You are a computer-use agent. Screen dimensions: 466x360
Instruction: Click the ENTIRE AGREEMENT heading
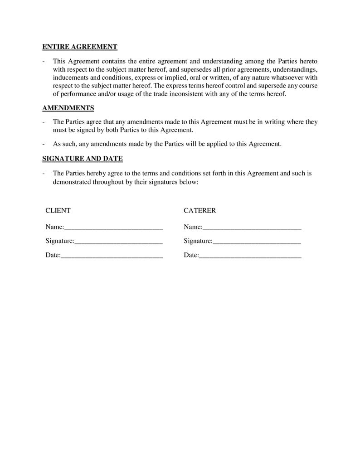(x=80, y=47)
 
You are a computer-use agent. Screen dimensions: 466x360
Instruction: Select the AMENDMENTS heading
(x=68, y=108)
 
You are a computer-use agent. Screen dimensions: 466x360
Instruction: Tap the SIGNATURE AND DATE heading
(x=82, y=159)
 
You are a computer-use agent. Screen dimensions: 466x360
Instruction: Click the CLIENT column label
(x=58, y=210)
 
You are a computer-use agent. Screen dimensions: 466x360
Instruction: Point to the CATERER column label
(x=199, y=210)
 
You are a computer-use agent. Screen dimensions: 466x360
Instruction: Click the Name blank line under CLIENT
(x=113, y=227)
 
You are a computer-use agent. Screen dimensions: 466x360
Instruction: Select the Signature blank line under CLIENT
(x=118, y=241)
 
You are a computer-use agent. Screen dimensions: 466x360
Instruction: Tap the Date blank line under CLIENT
(x=112, y=256)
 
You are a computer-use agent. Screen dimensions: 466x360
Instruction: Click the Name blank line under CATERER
(x=252, y=227)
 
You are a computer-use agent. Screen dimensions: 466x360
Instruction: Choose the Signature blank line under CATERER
(x=257, y=241)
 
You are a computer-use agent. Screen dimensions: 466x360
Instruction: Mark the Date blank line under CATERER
(x=250, y=256)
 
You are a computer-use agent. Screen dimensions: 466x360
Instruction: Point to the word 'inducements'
(x=70, y=78)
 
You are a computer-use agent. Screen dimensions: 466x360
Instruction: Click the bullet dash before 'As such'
(x=43, y=144)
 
